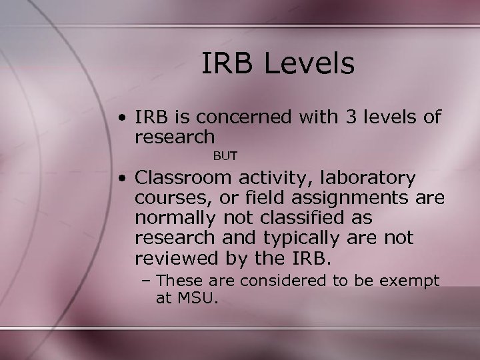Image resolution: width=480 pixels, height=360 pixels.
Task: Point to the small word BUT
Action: (x=225, y=155)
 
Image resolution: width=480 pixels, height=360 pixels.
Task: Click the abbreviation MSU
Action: (x=197, y=299)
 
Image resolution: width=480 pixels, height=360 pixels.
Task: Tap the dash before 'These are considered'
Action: (x=148, y=281)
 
